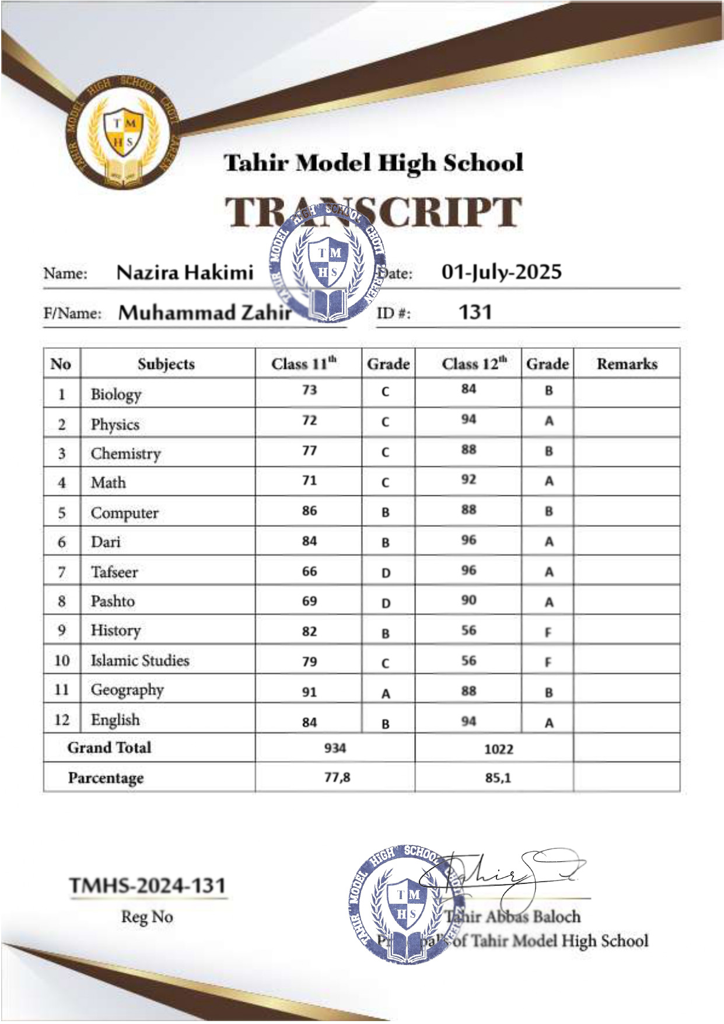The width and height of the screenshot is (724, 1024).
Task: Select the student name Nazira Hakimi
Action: coord(185,272)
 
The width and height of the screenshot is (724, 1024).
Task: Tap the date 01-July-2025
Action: coord(501,272)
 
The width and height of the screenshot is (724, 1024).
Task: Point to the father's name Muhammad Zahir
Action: coord(205,313)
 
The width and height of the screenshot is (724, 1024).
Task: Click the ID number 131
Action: coord(475,312)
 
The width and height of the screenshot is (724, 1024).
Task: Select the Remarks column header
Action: coord(627,364)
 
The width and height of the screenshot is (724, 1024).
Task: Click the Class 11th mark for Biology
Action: coord(309,390)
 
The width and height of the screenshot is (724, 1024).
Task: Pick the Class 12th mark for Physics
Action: coord(468,420)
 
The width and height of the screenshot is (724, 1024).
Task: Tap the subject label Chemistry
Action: coord(125,454)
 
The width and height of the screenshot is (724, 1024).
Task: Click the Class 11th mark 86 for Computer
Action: coord(309,511)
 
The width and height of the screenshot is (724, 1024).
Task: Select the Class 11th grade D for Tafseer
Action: coord(386,573)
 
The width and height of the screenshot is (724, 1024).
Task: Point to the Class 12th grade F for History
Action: coord(548,632)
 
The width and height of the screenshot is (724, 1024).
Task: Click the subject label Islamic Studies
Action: coord(140,660)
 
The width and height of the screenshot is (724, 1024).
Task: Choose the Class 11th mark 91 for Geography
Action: coord(309,692)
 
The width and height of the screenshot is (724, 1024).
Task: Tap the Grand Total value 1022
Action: coord(498,749)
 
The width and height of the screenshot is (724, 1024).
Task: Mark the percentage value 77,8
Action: coord(337,777)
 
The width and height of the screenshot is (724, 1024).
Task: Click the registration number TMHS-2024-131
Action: coord(148,886)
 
